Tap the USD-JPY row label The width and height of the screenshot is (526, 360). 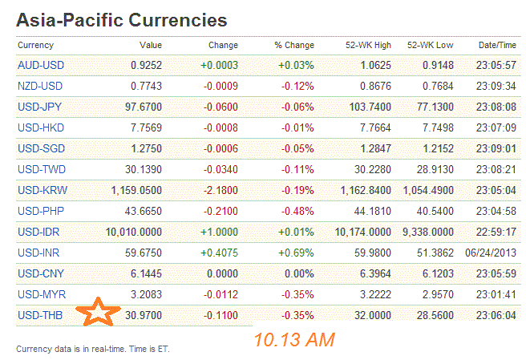click(x=40, y=105)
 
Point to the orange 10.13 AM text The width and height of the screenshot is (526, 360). click(x=293, y=340)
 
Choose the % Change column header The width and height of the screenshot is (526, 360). click(x=293, y=45)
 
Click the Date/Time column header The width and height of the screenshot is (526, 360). click(x=496, y=45)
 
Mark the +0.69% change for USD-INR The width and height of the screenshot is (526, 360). click(x=297, y=253)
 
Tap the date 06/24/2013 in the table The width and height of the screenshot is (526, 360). click(x=490, y=253)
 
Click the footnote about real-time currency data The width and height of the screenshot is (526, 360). click(x=93, y=349)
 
